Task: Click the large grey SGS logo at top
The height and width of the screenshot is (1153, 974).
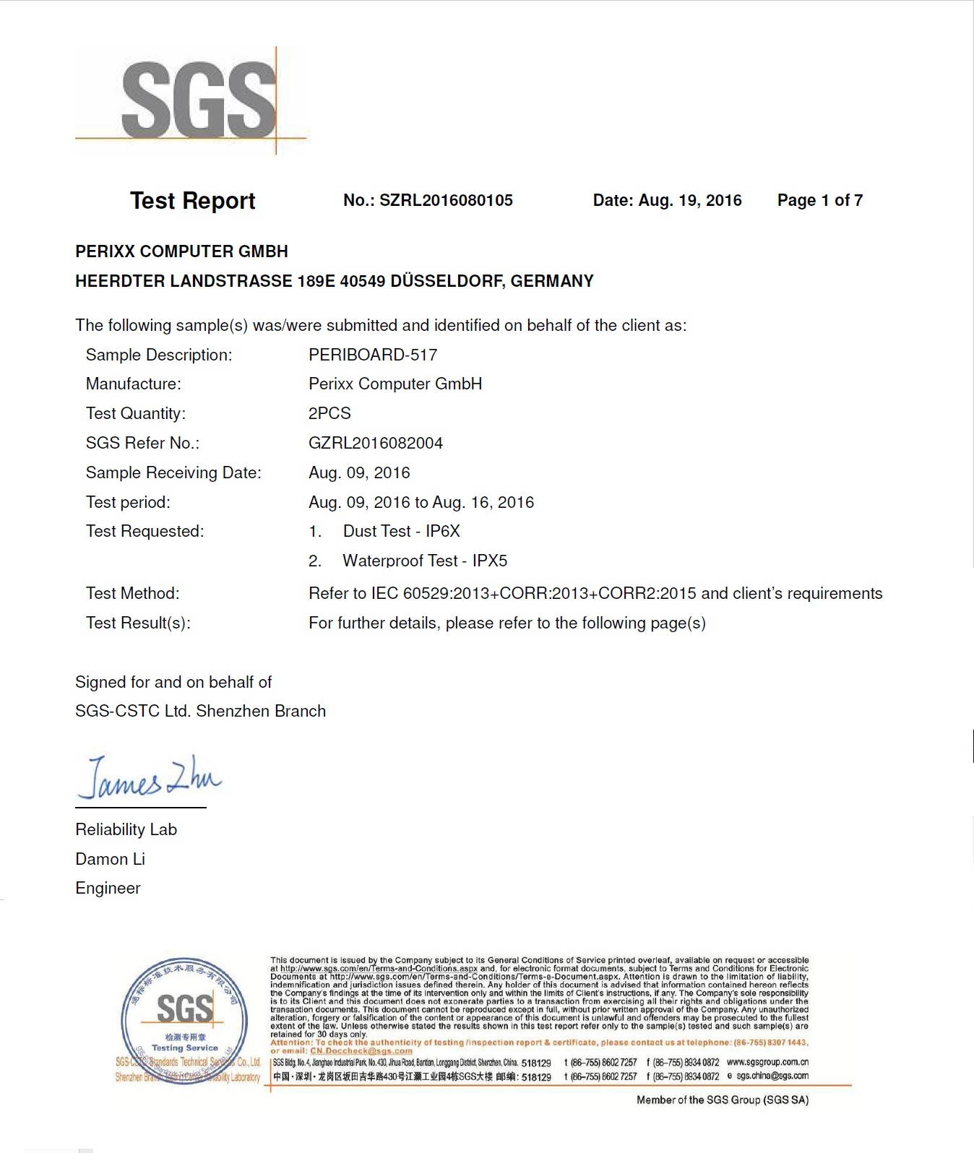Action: [199, 99]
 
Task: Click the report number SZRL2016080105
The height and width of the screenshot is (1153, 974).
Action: [446, 200]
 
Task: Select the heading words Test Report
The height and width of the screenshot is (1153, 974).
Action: [192, 200]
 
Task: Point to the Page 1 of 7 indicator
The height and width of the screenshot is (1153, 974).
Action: [819, 200]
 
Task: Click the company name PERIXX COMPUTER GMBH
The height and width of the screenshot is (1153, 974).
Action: [181, 251]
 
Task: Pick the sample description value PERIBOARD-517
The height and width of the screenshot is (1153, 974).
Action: [373, 355]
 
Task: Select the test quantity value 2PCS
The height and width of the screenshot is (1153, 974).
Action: [329, 413]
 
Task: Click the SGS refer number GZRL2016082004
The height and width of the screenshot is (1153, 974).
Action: [376, 443]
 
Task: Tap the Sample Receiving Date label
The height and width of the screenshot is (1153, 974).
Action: [173, 472]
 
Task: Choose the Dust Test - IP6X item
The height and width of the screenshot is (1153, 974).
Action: [401, 531]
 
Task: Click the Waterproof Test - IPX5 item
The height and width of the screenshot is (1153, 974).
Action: [425, 561]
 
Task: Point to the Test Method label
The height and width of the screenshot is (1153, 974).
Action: [133, 593]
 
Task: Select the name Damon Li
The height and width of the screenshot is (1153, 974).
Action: [110, 859]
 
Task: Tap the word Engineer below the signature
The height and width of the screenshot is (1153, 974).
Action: [108, 888]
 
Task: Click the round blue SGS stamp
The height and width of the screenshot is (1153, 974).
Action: [181, 1020]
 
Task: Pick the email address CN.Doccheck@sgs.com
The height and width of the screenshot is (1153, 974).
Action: [361, 1051]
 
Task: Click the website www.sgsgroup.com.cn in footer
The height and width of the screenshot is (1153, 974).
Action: [767, 1062]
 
